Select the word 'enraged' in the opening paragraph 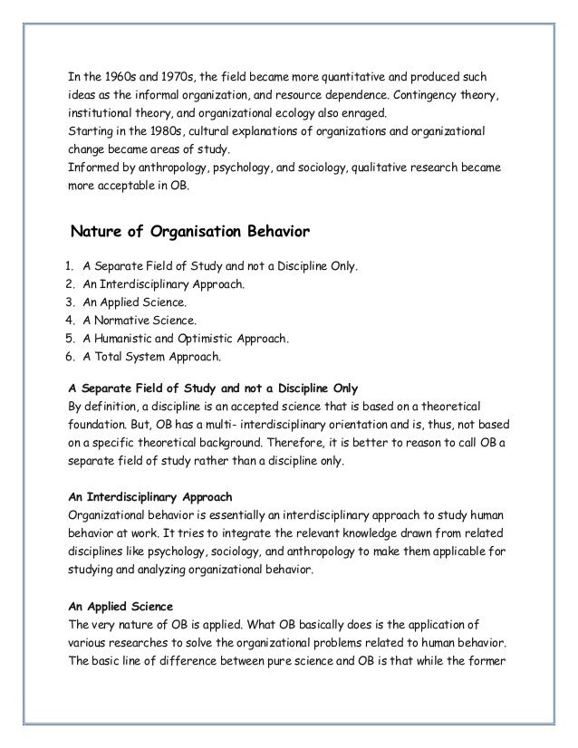click(361, 113)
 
